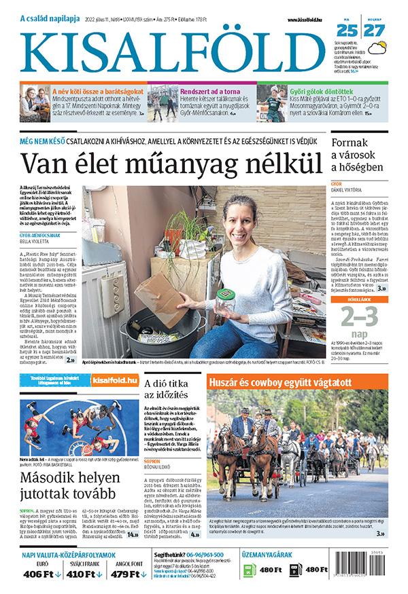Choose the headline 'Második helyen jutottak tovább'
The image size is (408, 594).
(68, 485)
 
